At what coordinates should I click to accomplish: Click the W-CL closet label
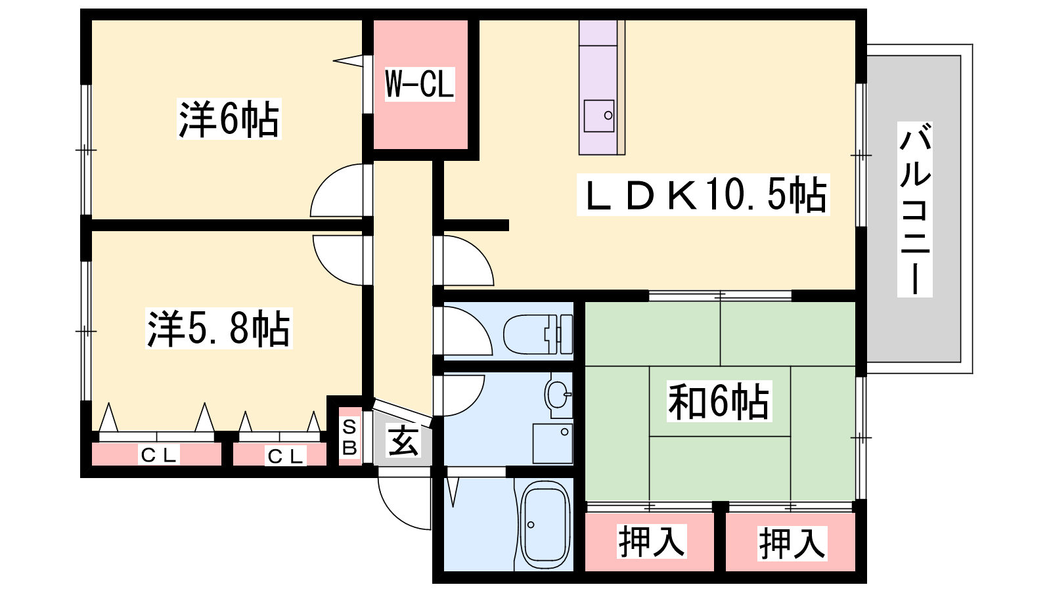pos(420,84)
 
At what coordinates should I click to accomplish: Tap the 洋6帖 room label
pos(229,119)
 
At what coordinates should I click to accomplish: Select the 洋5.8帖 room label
pos(219,328)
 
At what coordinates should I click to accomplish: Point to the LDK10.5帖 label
pos(703,194)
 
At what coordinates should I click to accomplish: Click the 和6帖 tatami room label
pos(719,401)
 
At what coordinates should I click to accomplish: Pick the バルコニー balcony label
pos(914,209)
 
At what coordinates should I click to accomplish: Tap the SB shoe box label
pos(349,437)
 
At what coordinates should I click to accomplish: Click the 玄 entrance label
pos(403,440)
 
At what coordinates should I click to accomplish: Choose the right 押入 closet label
pos(792,544)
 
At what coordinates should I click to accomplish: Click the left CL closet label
pos(158,454)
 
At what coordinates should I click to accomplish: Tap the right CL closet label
pos(285,456)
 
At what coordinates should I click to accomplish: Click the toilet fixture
pos(538,334)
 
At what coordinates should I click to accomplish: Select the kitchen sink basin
pos(599,116)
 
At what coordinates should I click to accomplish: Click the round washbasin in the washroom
pos(558,395)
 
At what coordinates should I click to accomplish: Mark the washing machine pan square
pos(552,444)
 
